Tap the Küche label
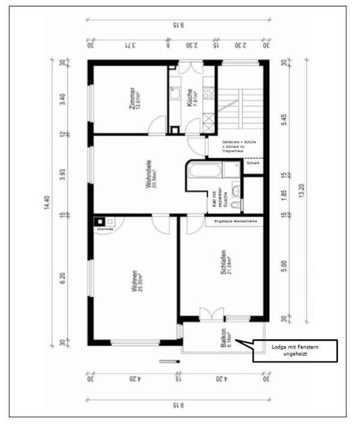click(x=191, y=98)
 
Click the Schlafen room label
click(x=224, y=263)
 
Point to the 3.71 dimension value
click(x=127, y=45)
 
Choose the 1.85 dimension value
click(x=284, y=196)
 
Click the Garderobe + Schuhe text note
click(x=239, y=147)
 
